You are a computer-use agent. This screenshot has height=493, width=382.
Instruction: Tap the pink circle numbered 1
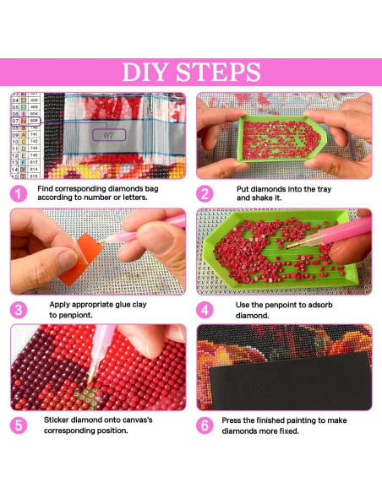tap(19, 192)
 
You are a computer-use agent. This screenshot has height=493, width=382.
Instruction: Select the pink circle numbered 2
tap(204, 192)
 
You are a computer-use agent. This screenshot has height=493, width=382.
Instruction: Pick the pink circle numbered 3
tap(19, 309)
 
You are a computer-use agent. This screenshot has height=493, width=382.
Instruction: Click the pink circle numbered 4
tap(204, 309)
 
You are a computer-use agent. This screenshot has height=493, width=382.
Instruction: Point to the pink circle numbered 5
tap(19, 425)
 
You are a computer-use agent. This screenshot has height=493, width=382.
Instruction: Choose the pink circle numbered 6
tap(204, 425)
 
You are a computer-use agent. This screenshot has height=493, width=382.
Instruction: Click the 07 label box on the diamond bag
tap(108, 133)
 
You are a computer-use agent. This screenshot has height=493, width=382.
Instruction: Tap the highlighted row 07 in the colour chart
tap(25, 122)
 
